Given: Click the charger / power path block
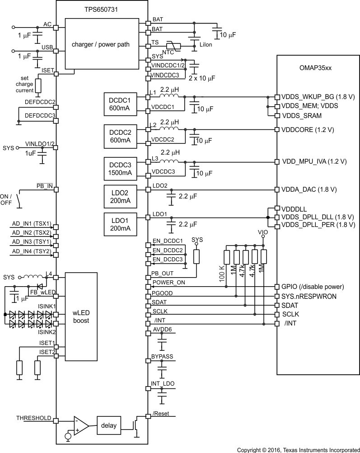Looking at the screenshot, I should point(100,44).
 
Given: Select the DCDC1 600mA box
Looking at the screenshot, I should point(120,104).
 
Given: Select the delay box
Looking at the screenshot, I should point(109,425).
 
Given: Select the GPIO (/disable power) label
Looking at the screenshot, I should point(313,287).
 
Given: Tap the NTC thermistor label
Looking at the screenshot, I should point(168,52).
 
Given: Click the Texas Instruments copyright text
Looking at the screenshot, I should point(298,450).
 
